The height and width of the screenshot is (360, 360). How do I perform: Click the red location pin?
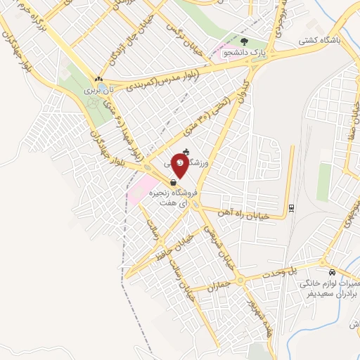[181, 165]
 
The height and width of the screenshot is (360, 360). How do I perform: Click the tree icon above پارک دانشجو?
[245, 41]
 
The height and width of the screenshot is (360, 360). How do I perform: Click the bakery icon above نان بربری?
[99, 79]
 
